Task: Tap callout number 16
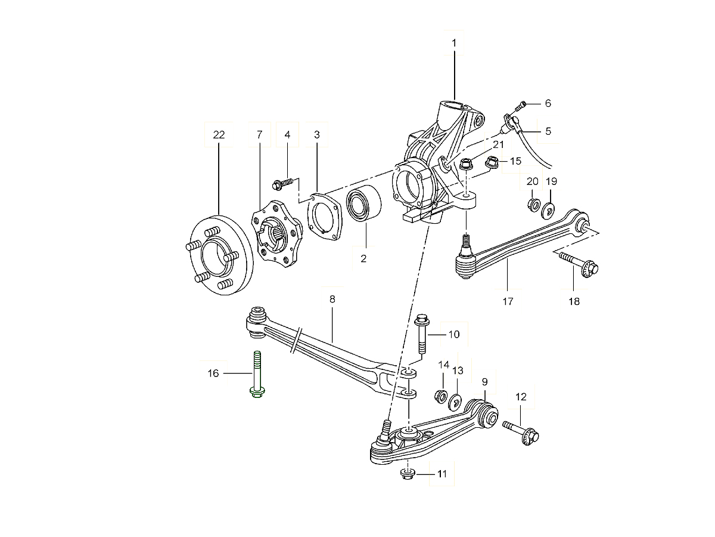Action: click(x=213, y=374)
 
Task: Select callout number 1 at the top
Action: click(x=454, y=43)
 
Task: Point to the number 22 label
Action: click(x=219, y=135)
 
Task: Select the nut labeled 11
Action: click(x=406, y=474)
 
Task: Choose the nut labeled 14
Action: click(x=441, y=395)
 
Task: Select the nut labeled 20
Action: click(x=532, y=205)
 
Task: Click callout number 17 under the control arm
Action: click(x=508, y=301)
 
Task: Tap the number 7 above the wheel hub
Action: click(x=259, y=135)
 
